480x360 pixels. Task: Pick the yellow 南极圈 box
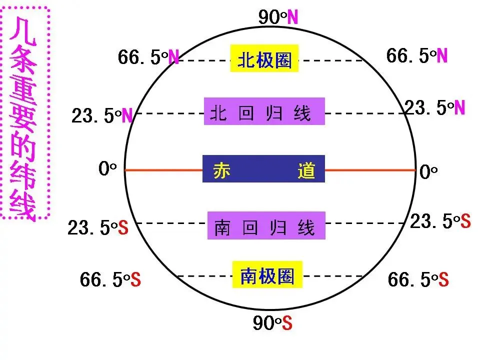pos(267,275)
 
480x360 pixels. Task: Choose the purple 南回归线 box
pos(266,225)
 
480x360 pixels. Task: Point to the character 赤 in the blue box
pos(221,170)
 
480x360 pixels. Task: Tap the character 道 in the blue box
pos(305,170)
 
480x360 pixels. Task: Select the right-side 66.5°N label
pos(416,55)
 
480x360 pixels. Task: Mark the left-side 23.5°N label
pos(102,116)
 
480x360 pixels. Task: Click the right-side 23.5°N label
pos(434,107)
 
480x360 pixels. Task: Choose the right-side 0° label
pos(428,172)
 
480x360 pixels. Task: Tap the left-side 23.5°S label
pos(98,228)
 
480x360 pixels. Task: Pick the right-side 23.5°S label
pos(440,221)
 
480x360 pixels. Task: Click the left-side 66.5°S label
pos(110,279)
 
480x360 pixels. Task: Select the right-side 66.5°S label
pos(418,279)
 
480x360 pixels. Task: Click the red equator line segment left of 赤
pos(163,170)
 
